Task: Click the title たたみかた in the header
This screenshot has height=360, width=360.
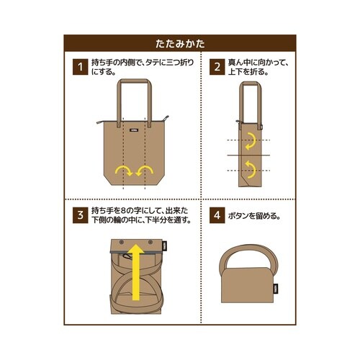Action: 179,44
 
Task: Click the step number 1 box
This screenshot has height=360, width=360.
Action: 78,68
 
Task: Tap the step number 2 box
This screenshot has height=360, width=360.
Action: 216,68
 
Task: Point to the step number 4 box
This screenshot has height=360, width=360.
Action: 216,215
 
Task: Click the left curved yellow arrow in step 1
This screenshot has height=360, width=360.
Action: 122,171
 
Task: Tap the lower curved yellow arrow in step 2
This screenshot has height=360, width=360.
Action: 248,170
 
